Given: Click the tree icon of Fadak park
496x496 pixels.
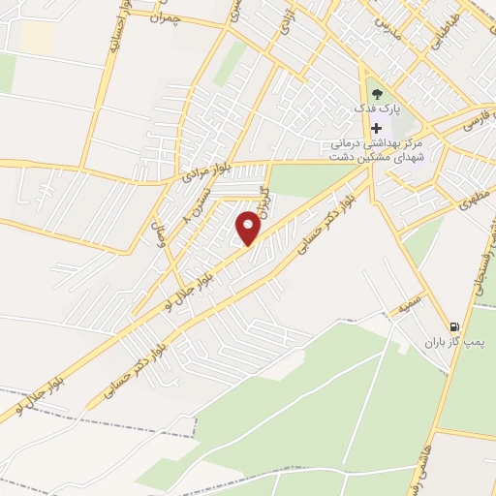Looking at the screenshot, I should (377, 94).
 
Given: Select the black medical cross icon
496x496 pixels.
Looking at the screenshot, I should (377, 129).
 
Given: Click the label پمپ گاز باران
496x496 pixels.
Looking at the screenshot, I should (455, 343).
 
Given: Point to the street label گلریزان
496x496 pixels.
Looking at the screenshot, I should (263, 209).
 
